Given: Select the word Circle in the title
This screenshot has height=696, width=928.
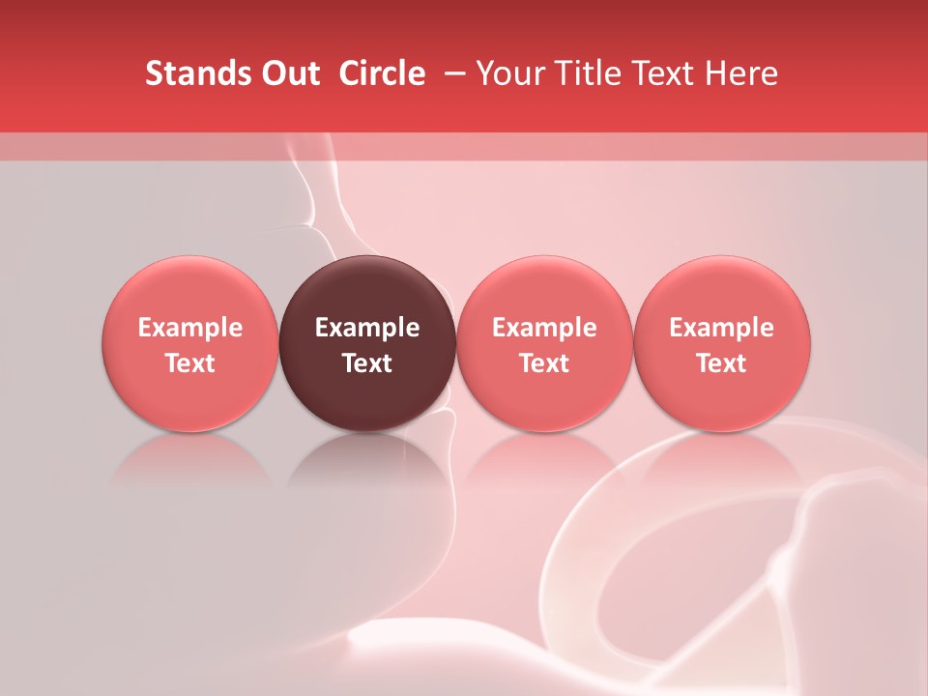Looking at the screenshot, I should click(382, 74).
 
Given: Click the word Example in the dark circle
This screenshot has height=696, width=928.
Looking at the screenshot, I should click(367, 328).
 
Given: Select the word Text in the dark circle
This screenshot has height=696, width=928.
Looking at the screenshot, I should click(367, 363).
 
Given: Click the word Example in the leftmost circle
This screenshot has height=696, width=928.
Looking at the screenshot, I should click(190, 328).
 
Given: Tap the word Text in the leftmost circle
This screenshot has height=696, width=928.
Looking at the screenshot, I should click(190, 363).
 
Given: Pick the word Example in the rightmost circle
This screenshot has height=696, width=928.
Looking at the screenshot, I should click(721, 328).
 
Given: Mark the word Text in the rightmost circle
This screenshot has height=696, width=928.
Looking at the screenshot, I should click(721, 363).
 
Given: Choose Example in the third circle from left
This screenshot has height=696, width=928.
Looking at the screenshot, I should click(544, 328).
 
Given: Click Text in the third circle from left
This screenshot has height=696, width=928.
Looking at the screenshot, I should click(544, 363).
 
